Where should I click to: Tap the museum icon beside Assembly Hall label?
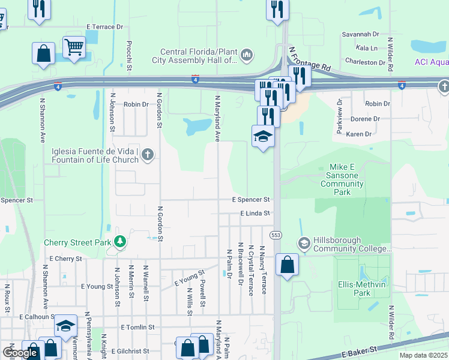point(247,56)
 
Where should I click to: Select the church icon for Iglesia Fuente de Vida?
point(148,155)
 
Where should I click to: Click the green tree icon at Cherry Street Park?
point(121,242)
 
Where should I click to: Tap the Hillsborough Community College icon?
point(304,243)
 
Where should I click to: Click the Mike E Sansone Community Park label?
point(343,180)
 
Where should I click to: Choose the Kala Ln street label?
point(366,48)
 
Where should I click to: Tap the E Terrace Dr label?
point(104,27)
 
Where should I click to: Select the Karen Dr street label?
point(359,134)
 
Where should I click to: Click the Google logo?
point(20,352)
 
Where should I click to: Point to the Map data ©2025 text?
point(424,355)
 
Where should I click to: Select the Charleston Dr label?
point(365,62)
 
